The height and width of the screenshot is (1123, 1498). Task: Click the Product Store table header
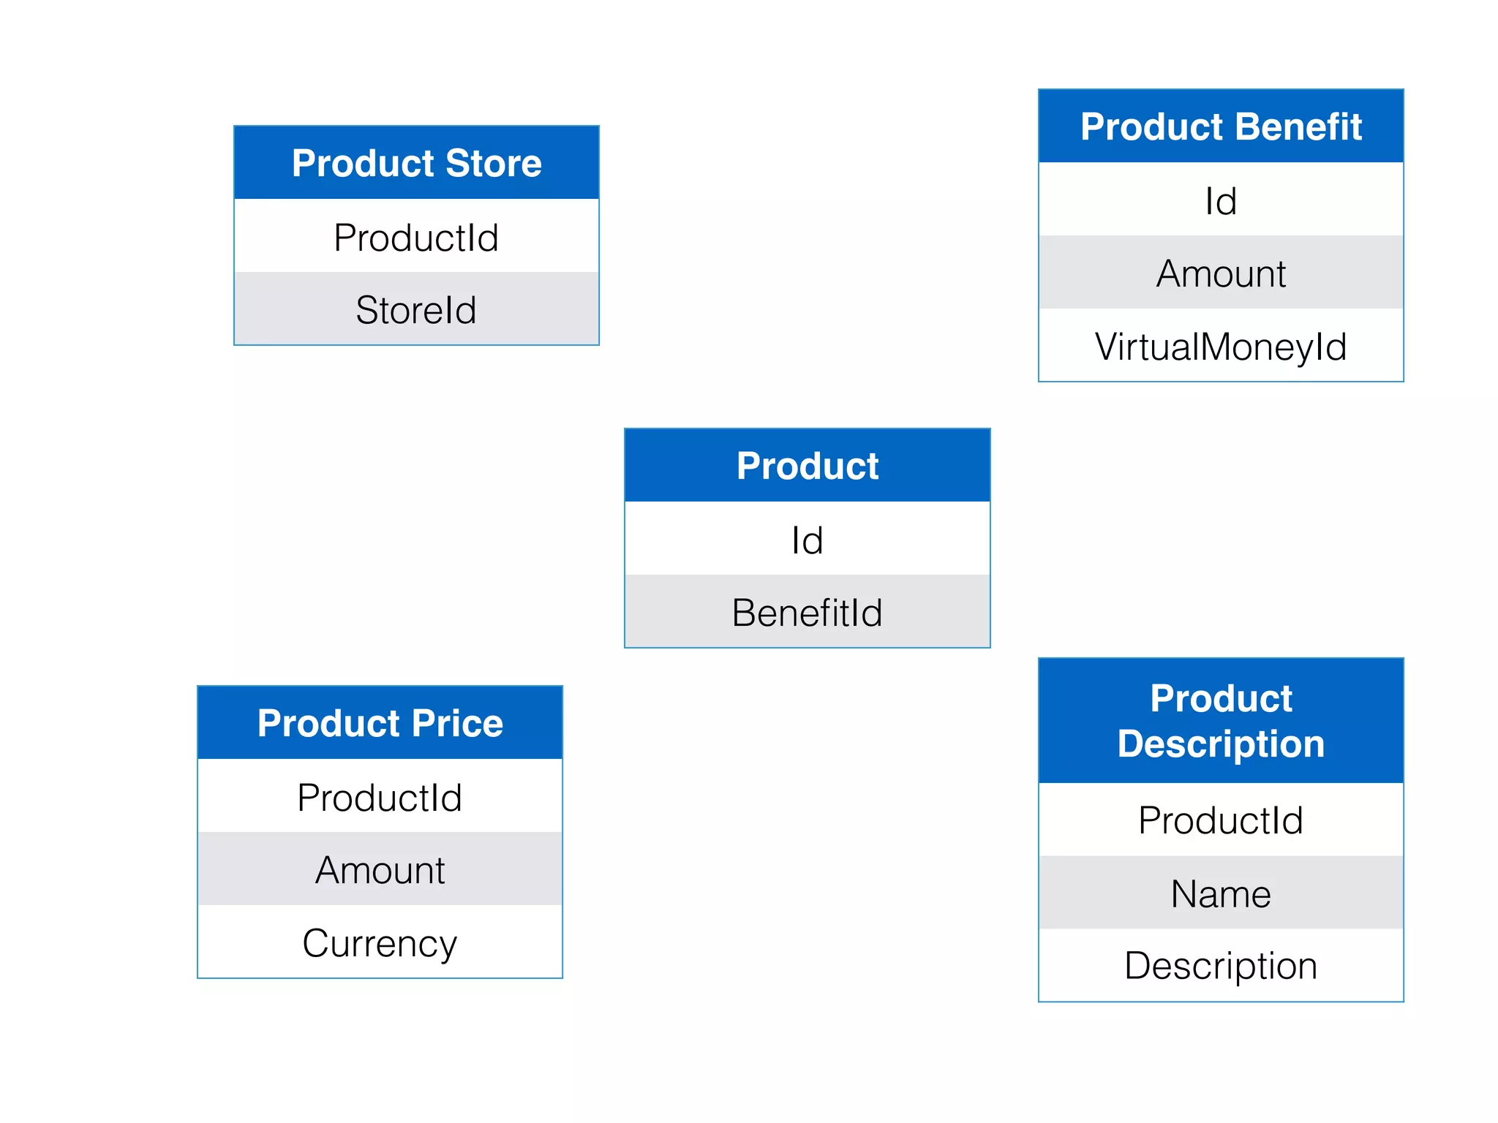[416, 162]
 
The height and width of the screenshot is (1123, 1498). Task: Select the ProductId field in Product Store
[416, 237]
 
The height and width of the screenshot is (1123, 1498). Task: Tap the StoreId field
[416, 309]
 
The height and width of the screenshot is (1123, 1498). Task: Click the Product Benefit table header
[1221, 126]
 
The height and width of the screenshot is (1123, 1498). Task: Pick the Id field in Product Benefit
[1221, 200]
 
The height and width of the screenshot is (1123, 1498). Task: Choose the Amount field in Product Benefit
[1221, 273]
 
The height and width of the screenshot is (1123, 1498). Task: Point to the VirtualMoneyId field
[1221, 346]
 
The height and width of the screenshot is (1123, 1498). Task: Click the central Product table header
[807, 466]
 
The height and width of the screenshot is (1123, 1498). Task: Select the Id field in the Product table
[807, 540]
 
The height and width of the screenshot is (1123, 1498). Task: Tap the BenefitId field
[807, 612]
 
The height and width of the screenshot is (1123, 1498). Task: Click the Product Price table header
[380, 723]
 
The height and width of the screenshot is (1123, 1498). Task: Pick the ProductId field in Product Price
[380, 797]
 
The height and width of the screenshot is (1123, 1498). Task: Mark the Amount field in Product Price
[380, 870]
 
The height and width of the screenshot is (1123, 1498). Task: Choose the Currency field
[380, 942]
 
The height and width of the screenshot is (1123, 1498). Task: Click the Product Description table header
[1221, 721]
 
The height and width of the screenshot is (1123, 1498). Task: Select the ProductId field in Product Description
[1221, 820]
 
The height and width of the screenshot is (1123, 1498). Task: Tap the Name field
[1221, 893]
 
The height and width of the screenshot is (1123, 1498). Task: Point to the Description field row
[1221, 965]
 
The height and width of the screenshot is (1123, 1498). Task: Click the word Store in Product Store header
[494, 162]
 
